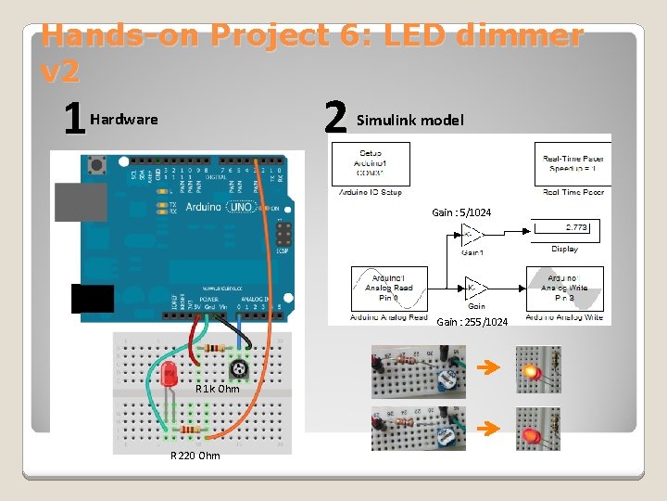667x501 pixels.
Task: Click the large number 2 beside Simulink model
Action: (x=335, y=118)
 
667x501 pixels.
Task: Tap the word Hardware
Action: (x=124, y=120)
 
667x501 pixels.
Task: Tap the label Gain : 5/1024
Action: (x=461, y=213)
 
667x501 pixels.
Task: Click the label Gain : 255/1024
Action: (x=472, y=322)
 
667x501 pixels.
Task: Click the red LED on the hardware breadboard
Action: (x=170, y=376)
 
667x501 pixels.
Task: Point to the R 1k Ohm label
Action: (x=217, y=389)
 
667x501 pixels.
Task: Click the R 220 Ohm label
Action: (x=195, y=456)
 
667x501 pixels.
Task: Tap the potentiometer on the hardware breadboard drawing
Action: (x=241, y=369)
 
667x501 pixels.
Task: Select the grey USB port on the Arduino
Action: (x=81, y=201)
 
